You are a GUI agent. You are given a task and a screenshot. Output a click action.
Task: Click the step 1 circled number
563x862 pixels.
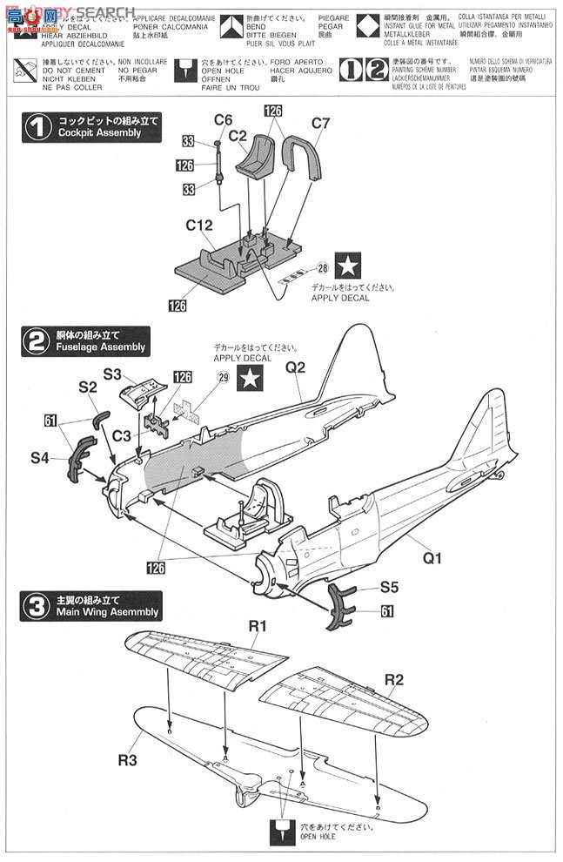click(37, 128)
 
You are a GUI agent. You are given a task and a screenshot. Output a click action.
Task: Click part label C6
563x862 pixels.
click(223, 119)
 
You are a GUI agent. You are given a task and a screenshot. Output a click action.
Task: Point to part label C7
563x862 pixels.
click(320, 124)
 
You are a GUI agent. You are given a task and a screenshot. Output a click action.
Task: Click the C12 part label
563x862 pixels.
click(199, 225)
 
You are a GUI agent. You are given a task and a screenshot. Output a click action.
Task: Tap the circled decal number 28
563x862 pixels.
click(322, 268)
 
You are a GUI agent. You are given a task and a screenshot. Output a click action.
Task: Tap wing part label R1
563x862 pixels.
click(257, 625)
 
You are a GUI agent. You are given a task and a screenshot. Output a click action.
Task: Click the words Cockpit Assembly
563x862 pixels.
click(99, 133)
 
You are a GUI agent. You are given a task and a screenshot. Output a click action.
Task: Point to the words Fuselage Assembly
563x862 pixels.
click(100, 347)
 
